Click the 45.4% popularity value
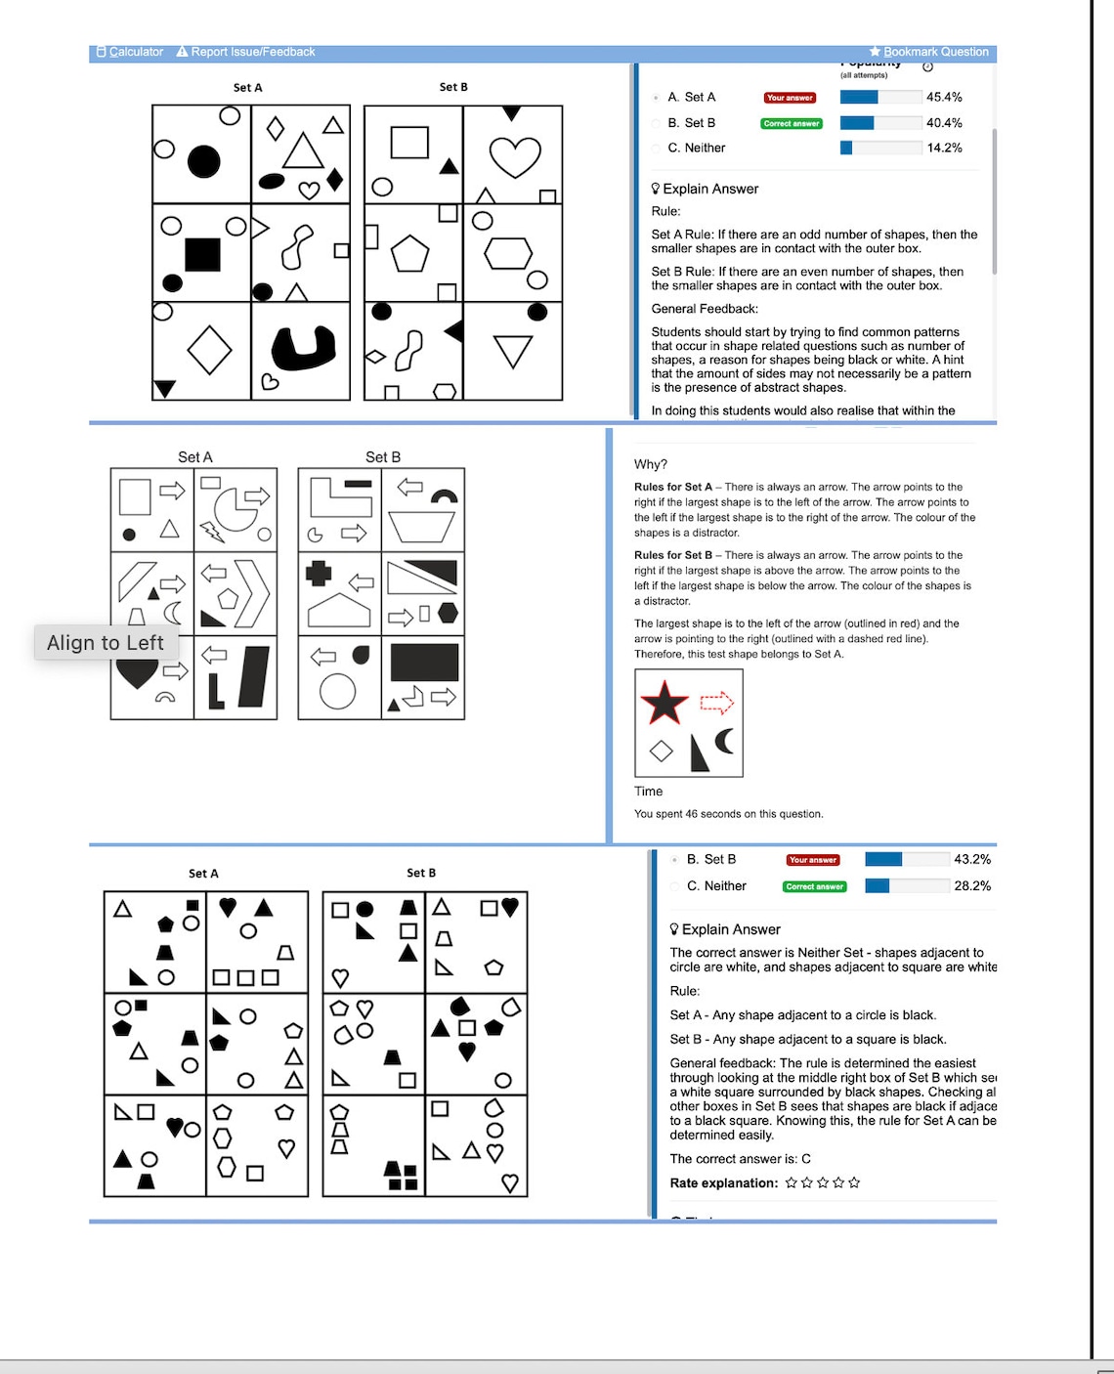944,97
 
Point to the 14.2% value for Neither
944,148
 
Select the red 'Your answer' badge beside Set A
790,98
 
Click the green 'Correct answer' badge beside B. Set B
792,123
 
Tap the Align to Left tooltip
106,642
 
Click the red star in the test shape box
664,703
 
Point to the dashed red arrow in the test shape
716,702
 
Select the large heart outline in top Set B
514,156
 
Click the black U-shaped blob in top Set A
303,348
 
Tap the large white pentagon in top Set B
410,254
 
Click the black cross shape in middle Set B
319,573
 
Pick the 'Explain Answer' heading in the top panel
710,189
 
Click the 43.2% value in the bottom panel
972,859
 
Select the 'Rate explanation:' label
724,1182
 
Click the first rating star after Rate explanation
792,1182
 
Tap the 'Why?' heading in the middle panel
651,464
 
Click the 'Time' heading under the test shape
648,792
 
